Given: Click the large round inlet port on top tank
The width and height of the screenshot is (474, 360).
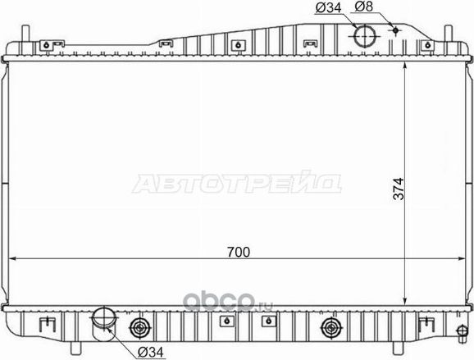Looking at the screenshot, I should click(x=363, y=36).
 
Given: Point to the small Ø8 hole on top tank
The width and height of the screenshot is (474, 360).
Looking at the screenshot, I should click(x=395, y=30).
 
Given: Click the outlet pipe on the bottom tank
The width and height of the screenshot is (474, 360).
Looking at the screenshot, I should click(x=104, y=321).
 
